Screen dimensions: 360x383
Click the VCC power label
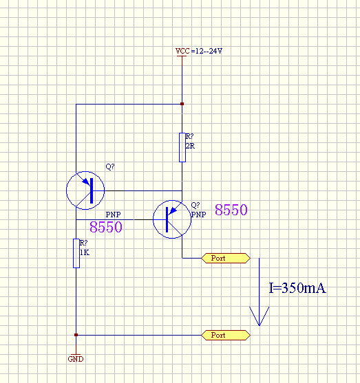tap(182, 51)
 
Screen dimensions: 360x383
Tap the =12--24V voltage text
tap(207, 51)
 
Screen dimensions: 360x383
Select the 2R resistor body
tap(182, 148)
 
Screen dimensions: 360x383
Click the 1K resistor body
tap(76, 253)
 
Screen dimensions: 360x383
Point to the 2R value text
tap(190, 146)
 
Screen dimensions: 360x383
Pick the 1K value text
tap(85, 252)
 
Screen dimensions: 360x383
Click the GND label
tap(76, 359)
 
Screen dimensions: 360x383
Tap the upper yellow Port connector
tap(226, 258)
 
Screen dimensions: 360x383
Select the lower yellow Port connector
tap(226, 335)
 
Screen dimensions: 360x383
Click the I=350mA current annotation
tap(297, 288)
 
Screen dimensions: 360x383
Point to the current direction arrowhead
tap(260, 316)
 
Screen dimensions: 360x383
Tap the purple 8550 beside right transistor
tap(231, 210)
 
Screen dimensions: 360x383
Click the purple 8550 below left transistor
tap(106, 227)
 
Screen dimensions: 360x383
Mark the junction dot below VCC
tap(182, 104)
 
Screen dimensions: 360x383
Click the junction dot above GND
tap(76, 335)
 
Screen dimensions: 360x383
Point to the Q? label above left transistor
tap(110, 166)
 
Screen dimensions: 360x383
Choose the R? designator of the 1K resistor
tap(84, 243)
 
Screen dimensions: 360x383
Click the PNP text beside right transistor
tap(199, 215)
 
